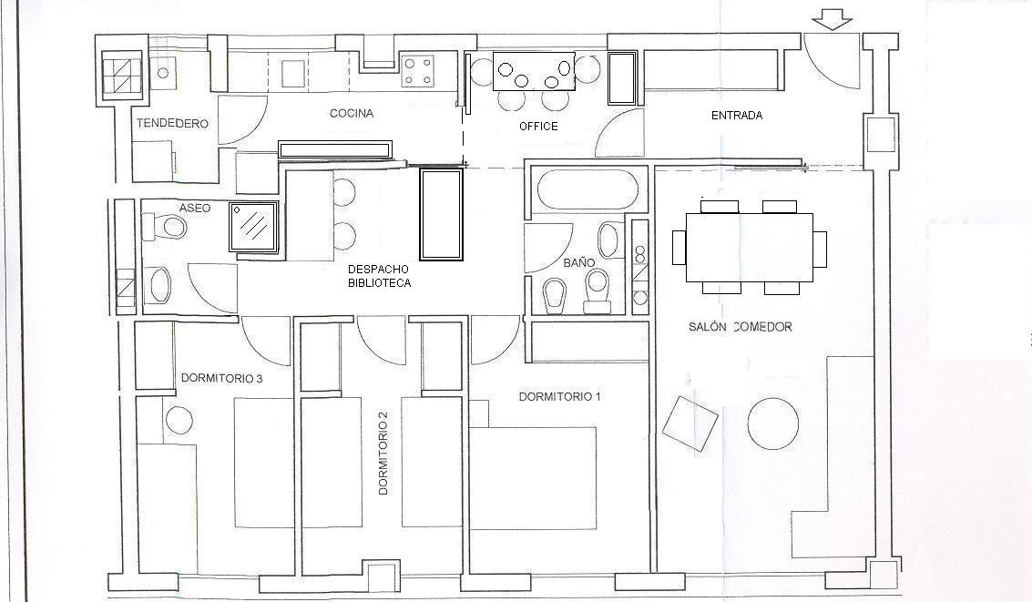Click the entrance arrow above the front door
tap(832, 23)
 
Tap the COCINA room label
tap(352, 113)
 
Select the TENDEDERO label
tap(172, 123)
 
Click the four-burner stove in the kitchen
tap(419, 71)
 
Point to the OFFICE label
tap(538, 127)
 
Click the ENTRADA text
tap(737, 115)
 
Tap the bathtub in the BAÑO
tap(588, 190)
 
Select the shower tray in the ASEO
tap(253, 227)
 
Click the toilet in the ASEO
tap(165, 228)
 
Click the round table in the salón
tap(773, 423)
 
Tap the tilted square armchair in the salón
tap(690, 423)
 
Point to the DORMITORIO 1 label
tap(559, 397)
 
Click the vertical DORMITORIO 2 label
tap(383, 453)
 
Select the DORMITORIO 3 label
tap(222, 378)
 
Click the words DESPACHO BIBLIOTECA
tap(378, 276)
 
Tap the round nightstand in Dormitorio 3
tap(179, 419)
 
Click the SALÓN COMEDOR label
tap(740, 326)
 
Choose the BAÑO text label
tap(579, 262)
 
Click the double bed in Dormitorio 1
tap(533, 477)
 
